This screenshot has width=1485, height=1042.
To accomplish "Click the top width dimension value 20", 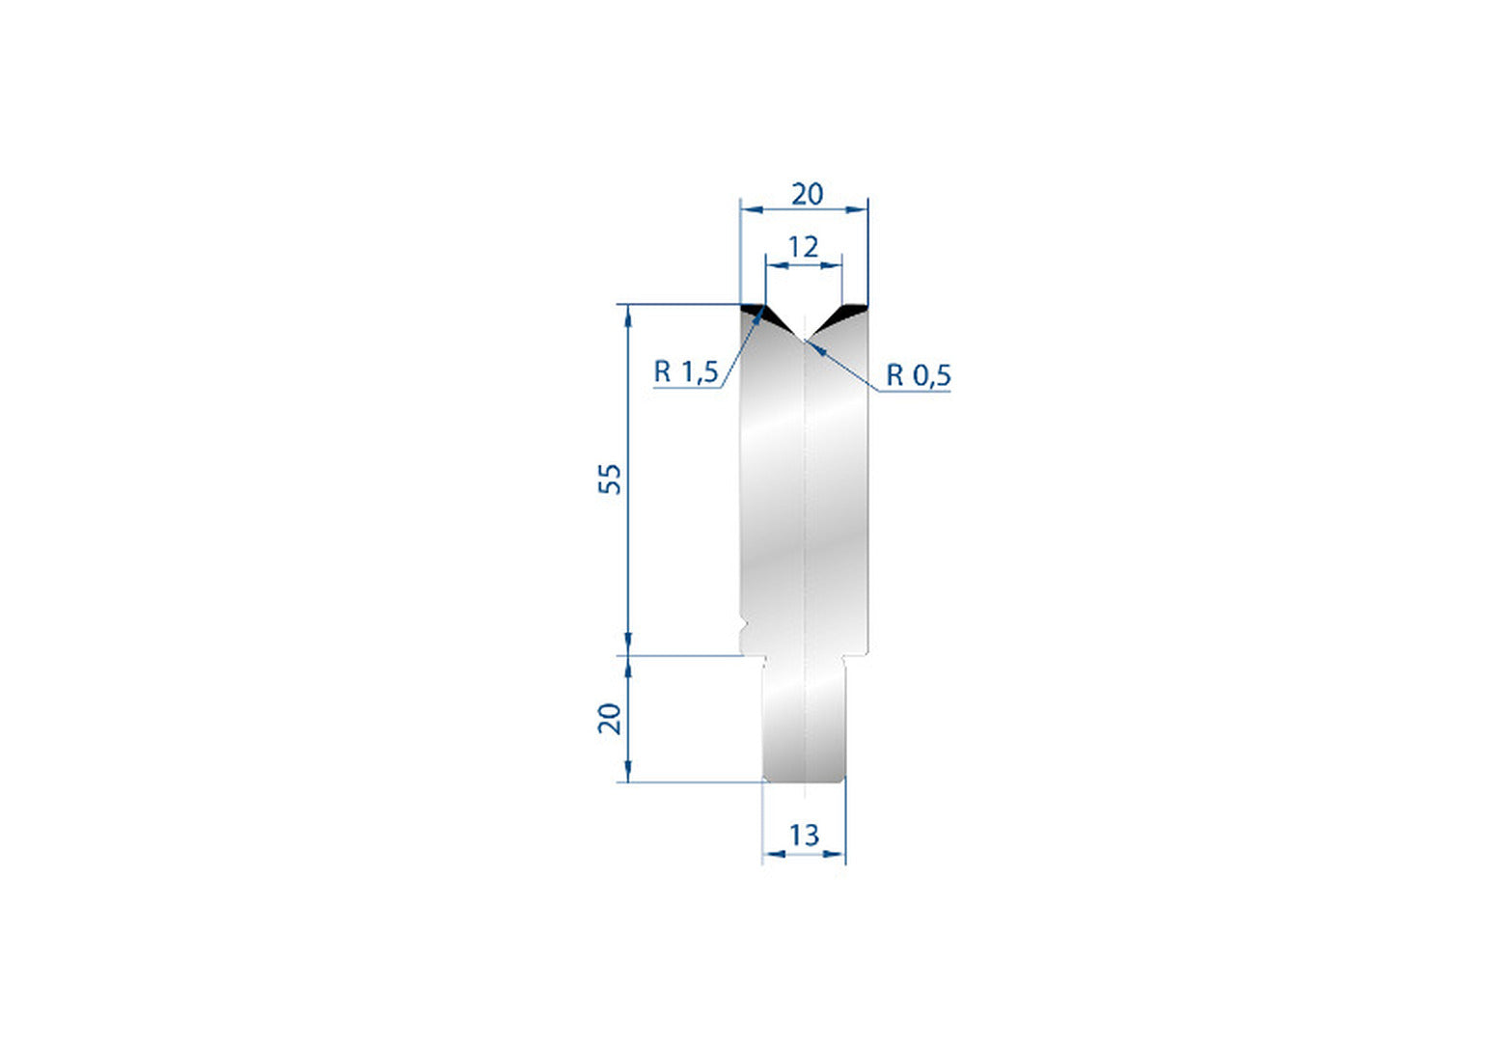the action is (807, 194).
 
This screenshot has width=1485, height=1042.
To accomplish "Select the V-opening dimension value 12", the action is (804, 247).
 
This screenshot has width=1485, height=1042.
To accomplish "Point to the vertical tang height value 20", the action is (610, 719).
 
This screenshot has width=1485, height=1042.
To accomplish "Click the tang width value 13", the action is (804, 836).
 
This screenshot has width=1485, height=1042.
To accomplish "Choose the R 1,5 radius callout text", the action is (686, 371).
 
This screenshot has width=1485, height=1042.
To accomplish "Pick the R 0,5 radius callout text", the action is (919, 375).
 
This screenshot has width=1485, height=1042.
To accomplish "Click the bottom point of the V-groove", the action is (804, 341).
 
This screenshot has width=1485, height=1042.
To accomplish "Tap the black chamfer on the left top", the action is (761, 316).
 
